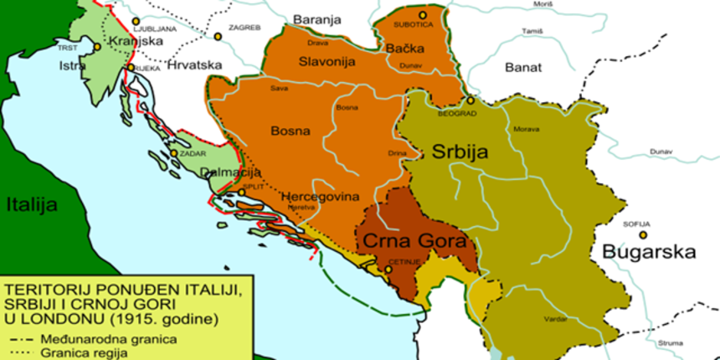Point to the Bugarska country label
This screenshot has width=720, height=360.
point(650,251)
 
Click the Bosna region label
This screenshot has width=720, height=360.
point(291,131)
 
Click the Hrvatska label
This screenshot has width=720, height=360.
point(193,64)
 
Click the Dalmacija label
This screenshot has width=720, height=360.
point(227,172)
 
